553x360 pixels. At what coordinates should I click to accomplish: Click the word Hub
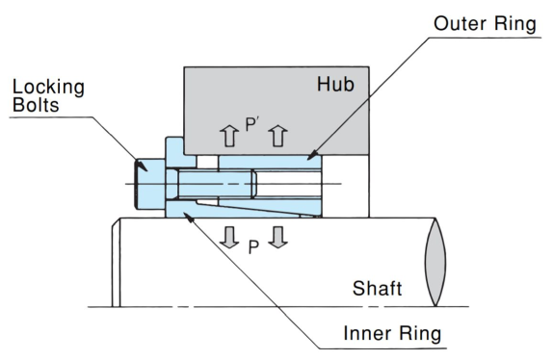pyautogui.click(x=335, y=85)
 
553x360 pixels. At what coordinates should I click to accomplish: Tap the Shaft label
pyautogui.click(x=377, y=288)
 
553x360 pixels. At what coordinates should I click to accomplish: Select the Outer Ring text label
pyautogui.click(x=485, y=24)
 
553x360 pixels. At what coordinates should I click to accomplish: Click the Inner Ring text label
pyautogui.click(x=392, y=333)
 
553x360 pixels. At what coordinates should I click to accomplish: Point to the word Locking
pyautogui.click(x=48, y=88)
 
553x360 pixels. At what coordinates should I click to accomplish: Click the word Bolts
pyautogui.click(x=36, y=105)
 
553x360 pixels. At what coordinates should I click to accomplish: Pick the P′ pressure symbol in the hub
pyautogui.click(x=252, y=125)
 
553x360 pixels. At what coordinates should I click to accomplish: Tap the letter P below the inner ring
pyautogui.click(x=253, y=247)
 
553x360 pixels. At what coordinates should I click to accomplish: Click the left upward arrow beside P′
pyautogui.click(x=229, y=136)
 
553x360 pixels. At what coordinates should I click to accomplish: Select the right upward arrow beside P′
pyautogui.click(x=277, y=136)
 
